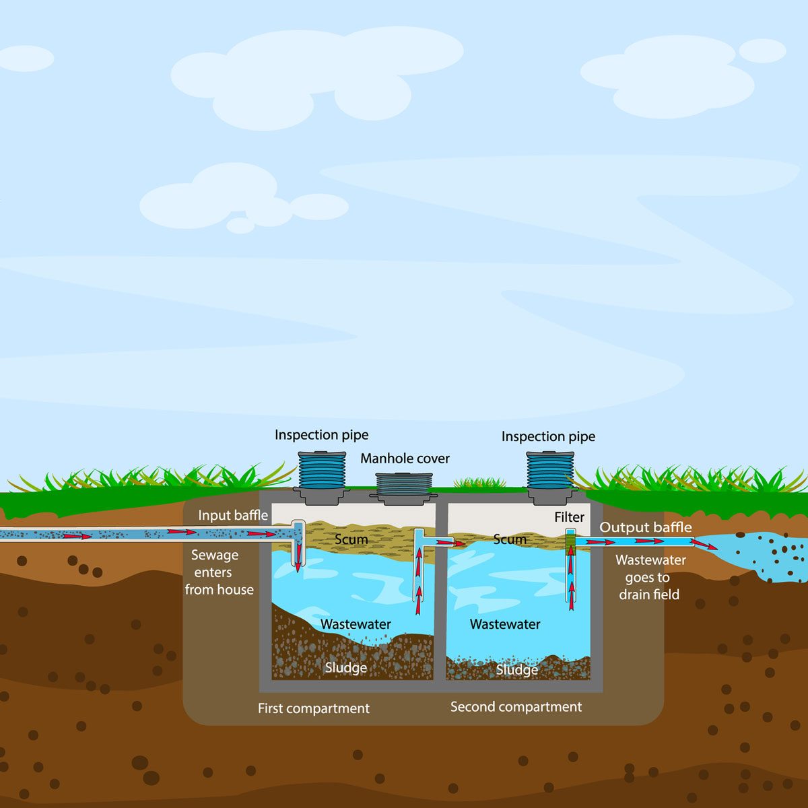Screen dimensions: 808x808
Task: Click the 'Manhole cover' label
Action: coord(405,459)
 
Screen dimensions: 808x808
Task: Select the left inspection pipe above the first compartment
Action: coord(322,471)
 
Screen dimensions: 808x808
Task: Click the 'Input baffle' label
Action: coord(232,516)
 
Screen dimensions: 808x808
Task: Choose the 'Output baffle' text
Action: coord(645,527)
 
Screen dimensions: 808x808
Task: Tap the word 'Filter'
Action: coord(569,517)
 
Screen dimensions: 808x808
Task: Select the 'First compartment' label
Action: coord(314,708)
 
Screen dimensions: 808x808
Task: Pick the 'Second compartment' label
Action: coord(516,707)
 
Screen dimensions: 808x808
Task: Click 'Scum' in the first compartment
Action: coord(351,539)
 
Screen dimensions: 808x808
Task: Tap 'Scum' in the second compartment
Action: coord(510,539)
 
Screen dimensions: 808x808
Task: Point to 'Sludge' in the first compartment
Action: coord(345,668)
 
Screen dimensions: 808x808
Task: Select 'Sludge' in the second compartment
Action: coord(516,669)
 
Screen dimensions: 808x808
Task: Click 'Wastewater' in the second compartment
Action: coord(505,624)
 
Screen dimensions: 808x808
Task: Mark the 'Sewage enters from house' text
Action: coord(217,572)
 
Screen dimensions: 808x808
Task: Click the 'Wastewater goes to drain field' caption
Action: coord(650,577)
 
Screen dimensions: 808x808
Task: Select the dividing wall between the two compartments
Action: coord(441,606)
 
